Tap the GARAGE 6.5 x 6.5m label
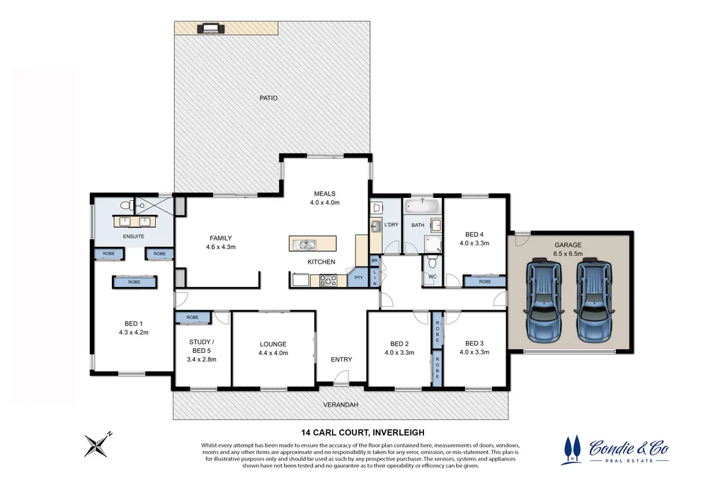[x=568, y=249]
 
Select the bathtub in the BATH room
[x=423, y=206]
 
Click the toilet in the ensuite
[x=125, y=206]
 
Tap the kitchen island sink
[x=307, y=245]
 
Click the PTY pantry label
[x=359, y=277]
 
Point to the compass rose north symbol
[x=96, y=445]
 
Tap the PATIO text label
[x=268, y=98]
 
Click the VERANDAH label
[x=341, y=405]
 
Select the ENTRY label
[x=341, y=359]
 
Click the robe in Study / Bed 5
[x=193, y=318]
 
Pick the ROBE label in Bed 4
[x=484, y=281]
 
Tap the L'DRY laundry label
[x=392, y=225]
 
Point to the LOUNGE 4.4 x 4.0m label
[x=273, y=349]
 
